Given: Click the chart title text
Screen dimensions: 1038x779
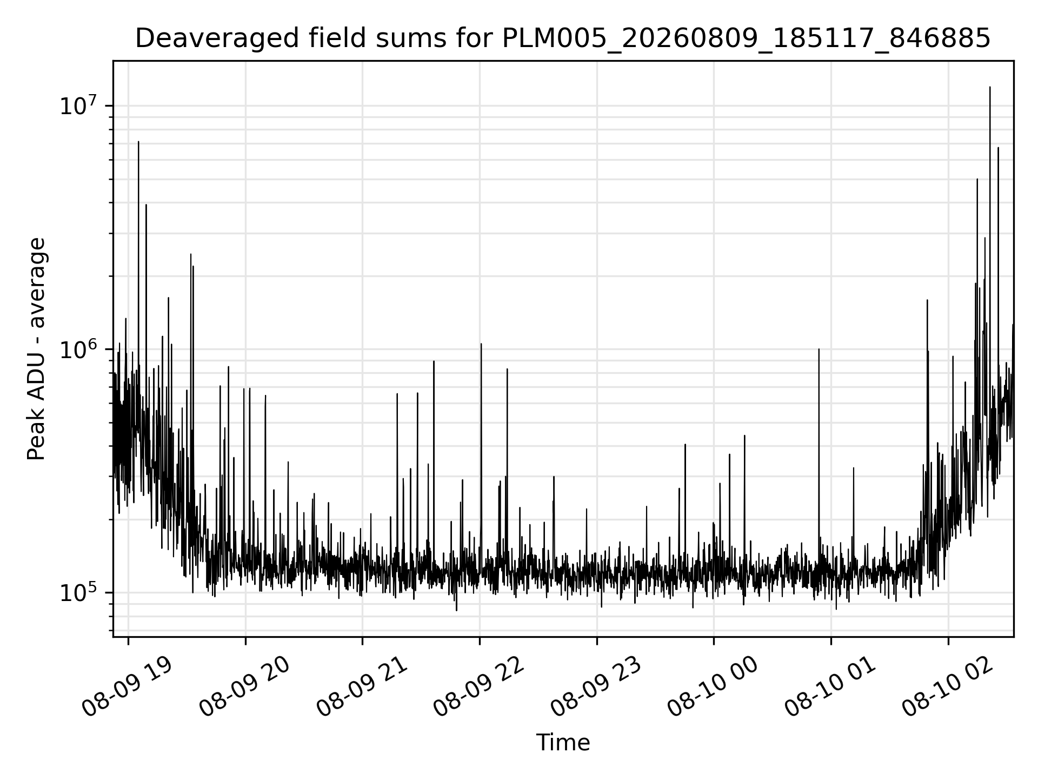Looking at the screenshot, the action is click(x=563, y=38).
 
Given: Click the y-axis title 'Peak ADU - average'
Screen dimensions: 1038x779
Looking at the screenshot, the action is click(x=36, y=349).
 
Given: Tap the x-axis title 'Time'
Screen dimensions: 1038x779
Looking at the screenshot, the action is click(x=563, y=743).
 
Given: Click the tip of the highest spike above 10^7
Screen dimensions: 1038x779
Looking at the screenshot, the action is click(x=990, y=87).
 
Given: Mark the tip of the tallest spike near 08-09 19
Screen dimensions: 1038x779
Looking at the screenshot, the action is click(x=138, y=142).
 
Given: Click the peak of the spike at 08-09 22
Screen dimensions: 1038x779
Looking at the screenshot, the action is click(x=481, y=344).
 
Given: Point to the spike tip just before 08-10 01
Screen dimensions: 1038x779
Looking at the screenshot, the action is click(x=819, y=349).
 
